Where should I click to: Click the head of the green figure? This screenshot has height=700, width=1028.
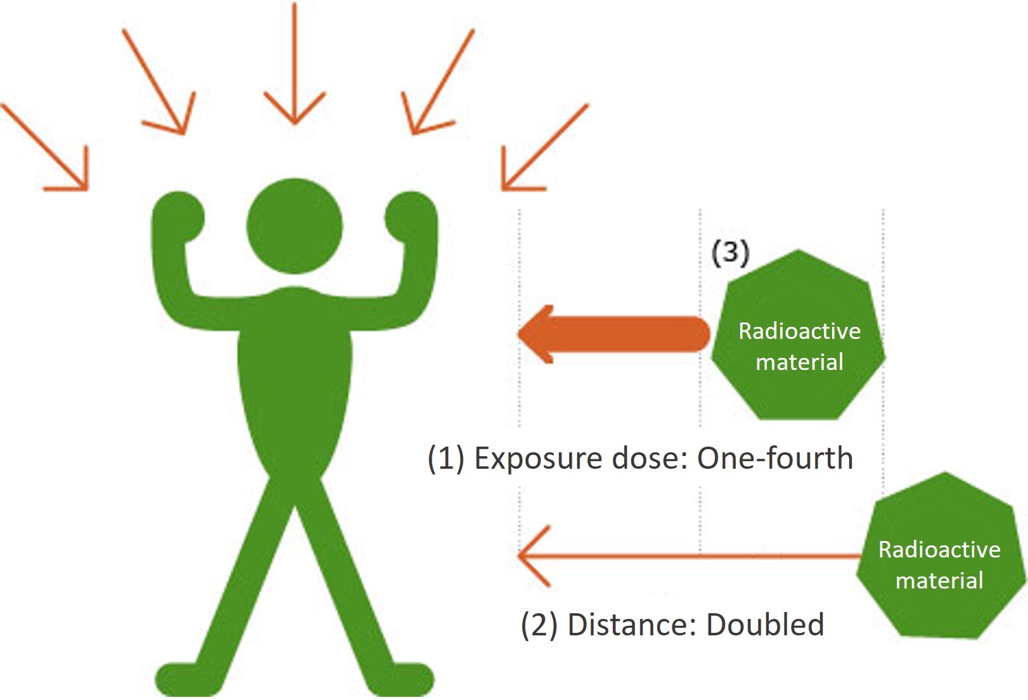pyautogui.click(x=294, y=226)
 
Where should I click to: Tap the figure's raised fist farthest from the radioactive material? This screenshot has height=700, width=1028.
pyautogui.click(x=178, y=219)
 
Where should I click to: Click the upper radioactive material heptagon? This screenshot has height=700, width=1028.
pyautogui.click(x=799, y=336)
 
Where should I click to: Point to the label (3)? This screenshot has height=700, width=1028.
pyautogui.click(x=730, y=253)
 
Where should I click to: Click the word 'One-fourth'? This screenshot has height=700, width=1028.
pyautogui.click(x=774, y=458)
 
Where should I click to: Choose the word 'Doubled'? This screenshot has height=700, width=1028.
pyautogui.click(x=765, y=625)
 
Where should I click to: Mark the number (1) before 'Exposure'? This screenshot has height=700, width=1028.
pyautogui.click(x=446, y=459)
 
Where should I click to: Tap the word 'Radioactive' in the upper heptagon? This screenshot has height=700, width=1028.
pyautogui.click(x=799, y=331)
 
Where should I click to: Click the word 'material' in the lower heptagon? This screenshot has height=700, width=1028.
pyautogui.click(x=939, y=580)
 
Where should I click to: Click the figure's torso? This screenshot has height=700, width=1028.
pyautogui.click(x=294, y=380)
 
